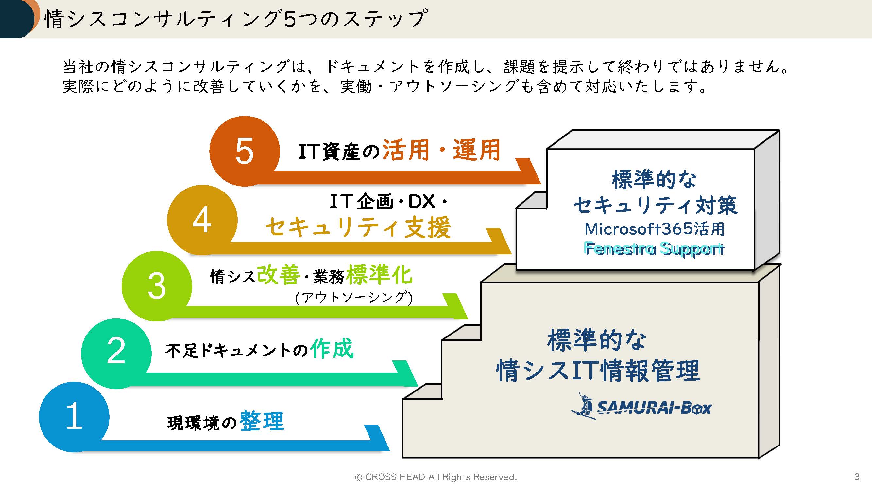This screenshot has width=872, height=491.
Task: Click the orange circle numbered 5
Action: [245, 151]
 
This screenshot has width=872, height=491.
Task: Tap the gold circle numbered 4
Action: [202, 220]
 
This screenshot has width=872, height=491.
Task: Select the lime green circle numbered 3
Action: [157, 286]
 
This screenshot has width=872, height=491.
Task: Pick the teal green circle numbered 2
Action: [116, 353]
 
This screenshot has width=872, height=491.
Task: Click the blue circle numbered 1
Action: [74, 417]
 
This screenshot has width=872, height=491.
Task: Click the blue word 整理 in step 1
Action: [262, 421]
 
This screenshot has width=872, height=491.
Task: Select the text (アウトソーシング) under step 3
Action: [354, 298]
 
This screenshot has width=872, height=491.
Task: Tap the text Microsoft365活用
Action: [654, 229]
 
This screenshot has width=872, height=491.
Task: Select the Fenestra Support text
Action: [654, 249]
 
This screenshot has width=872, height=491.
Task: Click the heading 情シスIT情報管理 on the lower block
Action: [598, 370]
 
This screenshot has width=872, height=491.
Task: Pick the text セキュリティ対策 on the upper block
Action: [655, 205]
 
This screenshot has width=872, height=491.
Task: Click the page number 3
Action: [857, 476]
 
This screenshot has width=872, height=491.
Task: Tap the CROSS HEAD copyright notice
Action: [436, 477]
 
